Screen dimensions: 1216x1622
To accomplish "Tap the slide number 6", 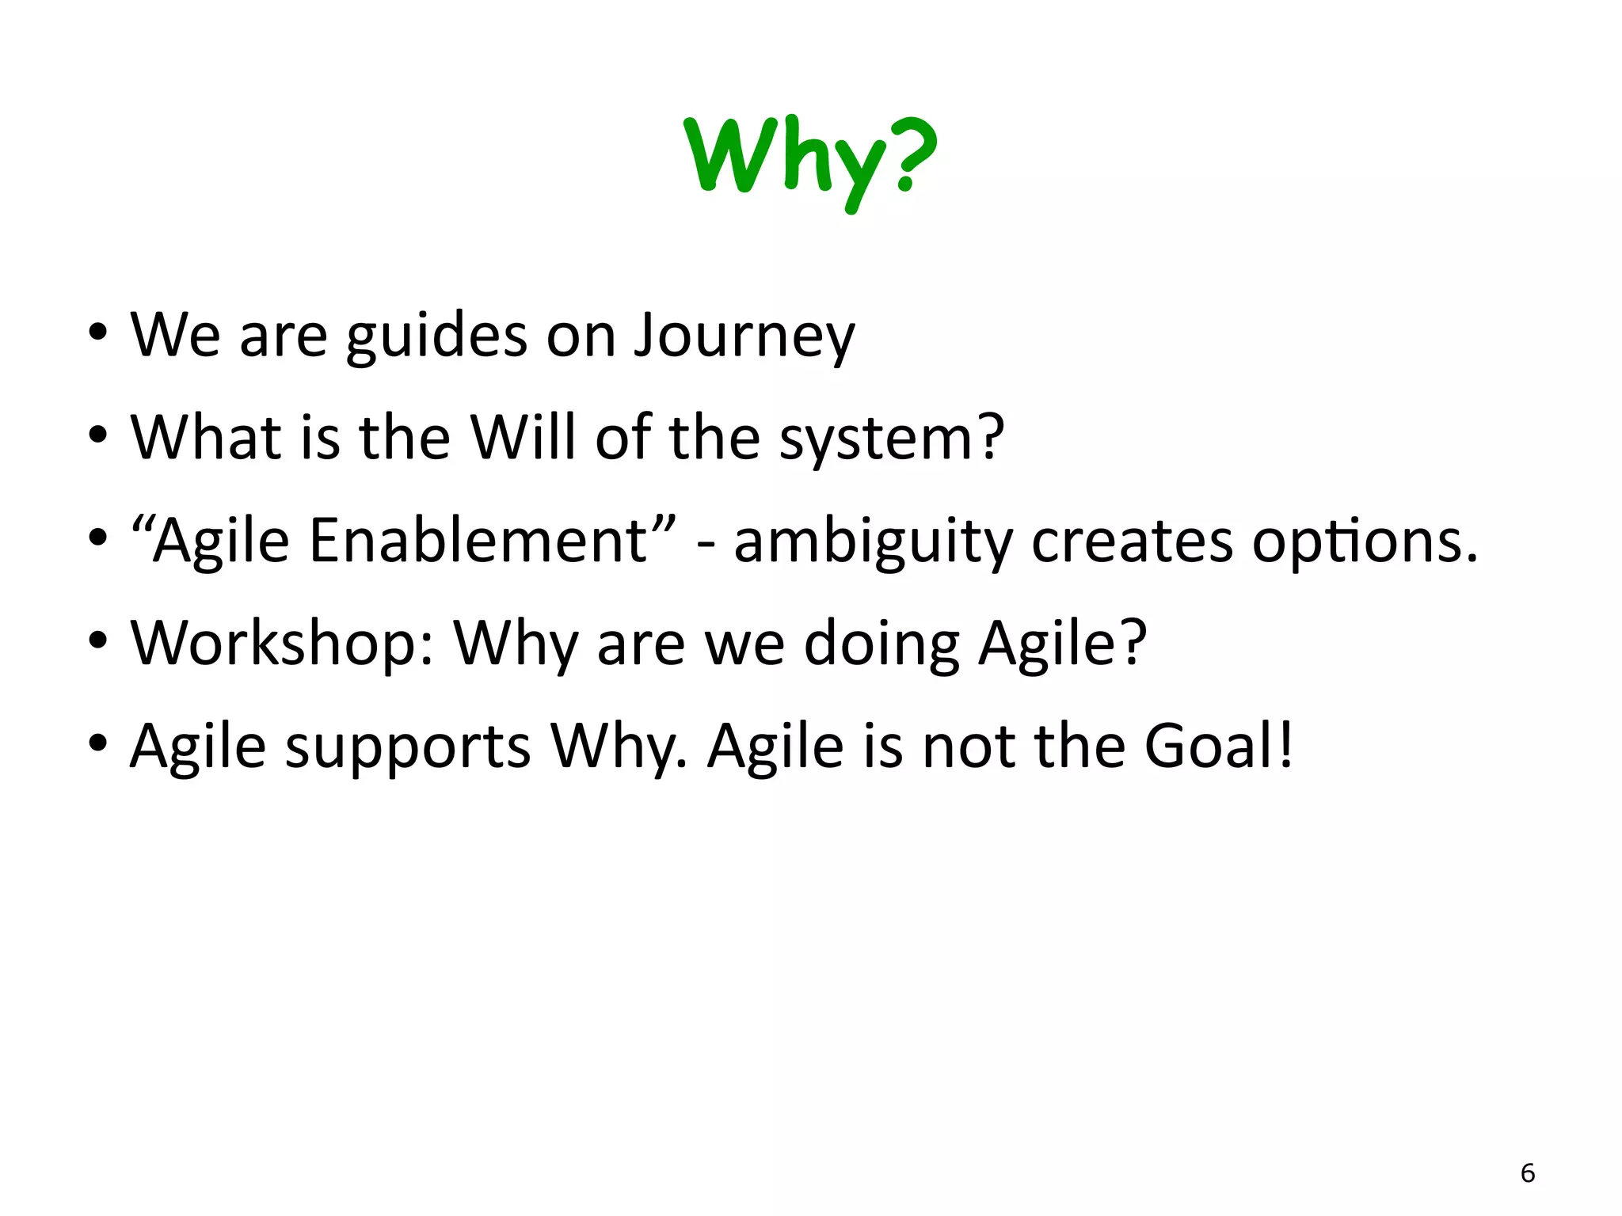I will (x=1528, y=1172).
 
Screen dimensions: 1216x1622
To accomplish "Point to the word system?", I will (x=892, y=438).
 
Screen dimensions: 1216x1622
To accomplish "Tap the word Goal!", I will (x=1219, y=745).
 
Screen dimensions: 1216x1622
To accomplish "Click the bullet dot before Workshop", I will (x=97, y=640).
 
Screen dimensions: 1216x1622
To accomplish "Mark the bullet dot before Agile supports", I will (x=97, y=743).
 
